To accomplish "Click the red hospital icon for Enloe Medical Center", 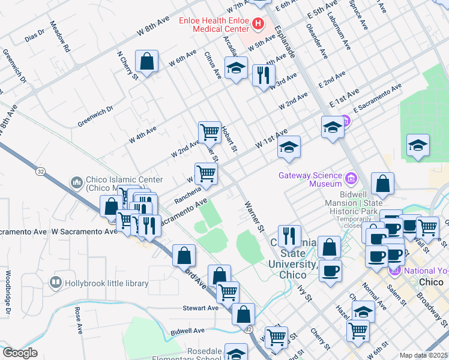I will (258, 24).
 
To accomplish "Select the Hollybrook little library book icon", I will (56, 281).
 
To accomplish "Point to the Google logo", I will (20, 353).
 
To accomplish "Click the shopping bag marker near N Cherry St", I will (146, 61).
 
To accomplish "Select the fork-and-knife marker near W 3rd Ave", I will (264, 76).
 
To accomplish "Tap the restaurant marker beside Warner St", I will (289, 236).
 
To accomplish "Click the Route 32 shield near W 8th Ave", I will (40, 172).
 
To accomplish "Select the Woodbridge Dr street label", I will (8, 295).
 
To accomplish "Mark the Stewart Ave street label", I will (200, 308).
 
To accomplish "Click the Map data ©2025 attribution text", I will (424, 355).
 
